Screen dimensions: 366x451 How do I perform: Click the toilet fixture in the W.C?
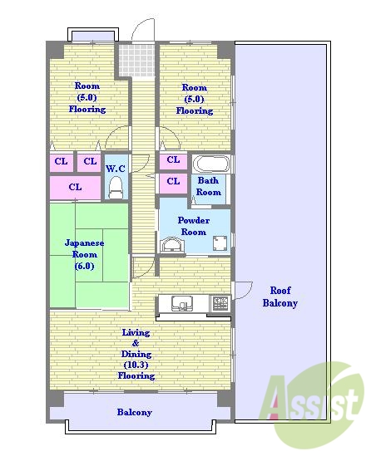(x=116, y=187)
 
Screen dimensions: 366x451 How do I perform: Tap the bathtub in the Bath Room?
(x=211, y=164)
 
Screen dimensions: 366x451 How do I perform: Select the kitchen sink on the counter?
(x=182, y=303)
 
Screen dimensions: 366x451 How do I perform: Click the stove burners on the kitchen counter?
(x=220, y=303)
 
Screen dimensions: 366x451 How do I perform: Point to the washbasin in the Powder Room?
(x=172, y=245)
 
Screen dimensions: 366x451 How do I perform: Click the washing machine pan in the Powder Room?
(x=220, y=243)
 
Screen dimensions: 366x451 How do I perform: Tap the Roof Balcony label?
(x=279, y=297)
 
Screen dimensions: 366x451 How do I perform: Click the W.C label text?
(x=116, y=169)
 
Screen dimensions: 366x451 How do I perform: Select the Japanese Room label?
(x=84, y=254)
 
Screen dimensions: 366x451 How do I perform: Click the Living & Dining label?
(x=136, y=343)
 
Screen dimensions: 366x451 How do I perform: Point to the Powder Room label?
(x=194, y=226)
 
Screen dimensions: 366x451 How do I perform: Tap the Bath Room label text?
(x=208, y=186)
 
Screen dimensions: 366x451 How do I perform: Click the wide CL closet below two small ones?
(x=75, y=188)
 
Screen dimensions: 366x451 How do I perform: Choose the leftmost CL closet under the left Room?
(x=62, y=162)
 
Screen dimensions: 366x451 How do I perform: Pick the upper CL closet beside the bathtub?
(x=173, y=160)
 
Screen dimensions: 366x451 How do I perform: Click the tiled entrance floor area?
(x=136, y=60)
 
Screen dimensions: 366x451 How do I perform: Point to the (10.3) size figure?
(x=136, y=365)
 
